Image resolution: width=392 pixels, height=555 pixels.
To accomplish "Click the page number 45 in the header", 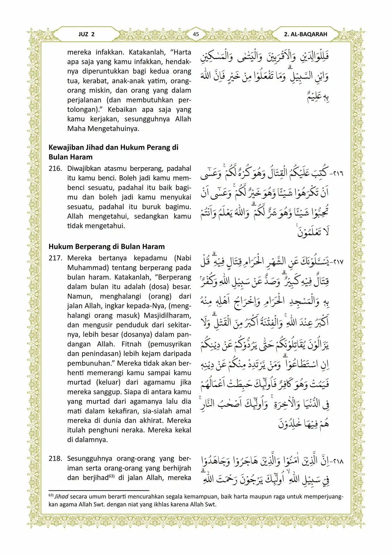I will pyautogui.click(x=196, y=34).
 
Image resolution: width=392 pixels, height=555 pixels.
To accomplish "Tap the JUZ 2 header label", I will pyautogui.click(x=86, y=34).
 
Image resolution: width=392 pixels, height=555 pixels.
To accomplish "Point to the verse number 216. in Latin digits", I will pyautogui.click(x=55, y=169).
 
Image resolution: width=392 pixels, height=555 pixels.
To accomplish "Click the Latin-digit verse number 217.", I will pyautogui.click(x=55, y=258).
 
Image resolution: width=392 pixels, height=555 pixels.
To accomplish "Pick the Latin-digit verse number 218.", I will pyautogui.click(x=55, y=458).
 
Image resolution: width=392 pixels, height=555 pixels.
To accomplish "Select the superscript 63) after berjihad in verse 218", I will pyautogui.click(x=111, y=476).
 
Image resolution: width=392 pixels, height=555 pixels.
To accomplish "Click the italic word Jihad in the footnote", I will pyautogui.click(x=61, y=497).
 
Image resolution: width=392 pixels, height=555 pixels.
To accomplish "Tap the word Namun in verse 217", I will pyautogui.click(x=79, y=296).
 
